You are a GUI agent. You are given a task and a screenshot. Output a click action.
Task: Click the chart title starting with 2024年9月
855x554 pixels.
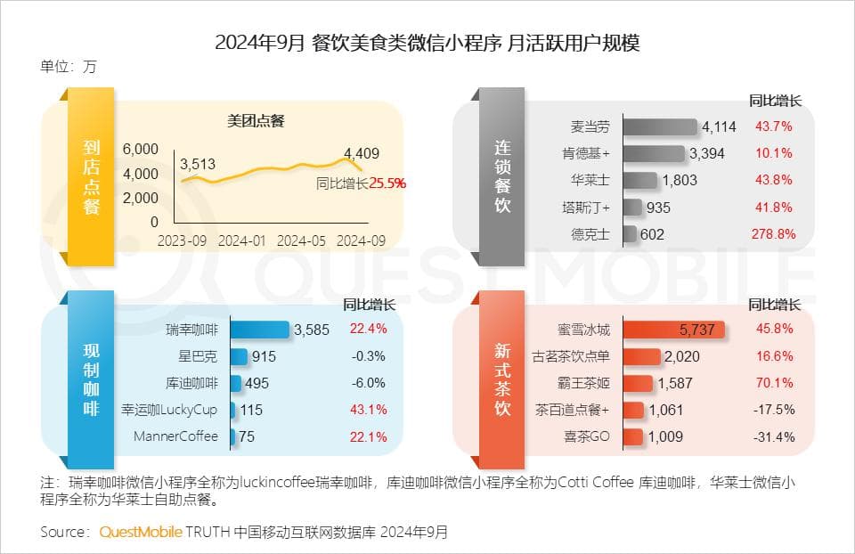point(427,43)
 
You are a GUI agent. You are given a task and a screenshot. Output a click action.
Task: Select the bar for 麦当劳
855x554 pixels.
point(660,127)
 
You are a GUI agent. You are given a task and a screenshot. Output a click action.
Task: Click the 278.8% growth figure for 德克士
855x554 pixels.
point(773,234)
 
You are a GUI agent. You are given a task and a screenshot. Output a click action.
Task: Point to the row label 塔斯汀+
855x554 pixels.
point(590,208)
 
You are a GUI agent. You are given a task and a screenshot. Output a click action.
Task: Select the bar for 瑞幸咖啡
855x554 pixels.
point(260,330)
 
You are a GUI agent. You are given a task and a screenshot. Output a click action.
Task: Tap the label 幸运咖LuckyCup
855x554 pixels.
point(169,410)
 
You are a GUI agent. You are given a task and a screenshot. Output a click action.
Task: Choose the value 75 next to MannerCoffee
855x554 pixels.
point(248,436)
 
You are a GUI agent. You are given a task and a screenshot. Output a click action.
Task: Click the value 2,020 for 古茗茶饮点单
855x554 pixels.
point(682,356)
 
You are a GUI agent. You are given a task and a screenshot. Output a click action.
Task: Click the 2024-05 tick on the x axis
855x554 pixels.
point(303,240)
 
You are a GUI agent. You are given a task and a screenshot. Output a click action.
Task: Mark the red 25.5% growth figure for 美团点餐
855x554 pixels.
point(387,183)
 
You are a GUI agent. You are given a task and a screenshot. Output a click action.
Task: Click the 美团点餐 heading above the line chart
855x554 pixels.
point(256,121)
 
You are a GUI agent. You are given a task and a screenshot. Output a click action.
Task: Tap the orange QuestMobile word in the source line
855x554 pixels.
point(141,532)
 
